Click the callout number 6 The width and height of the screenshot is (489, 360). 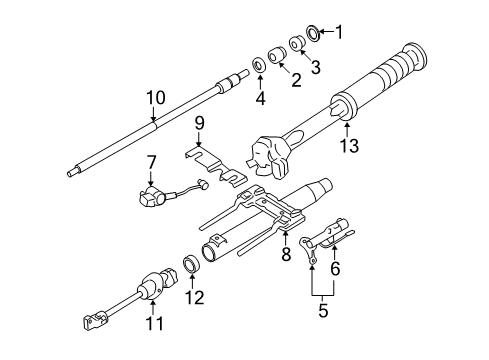[x=336, y=268]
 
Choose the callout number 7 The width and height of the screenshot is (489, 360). [x=153, y=161]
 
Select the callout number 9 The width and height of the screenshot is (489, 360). [x=199, y=123]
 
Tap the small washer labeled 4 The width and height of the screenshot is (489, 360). [x=259, y=66]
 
